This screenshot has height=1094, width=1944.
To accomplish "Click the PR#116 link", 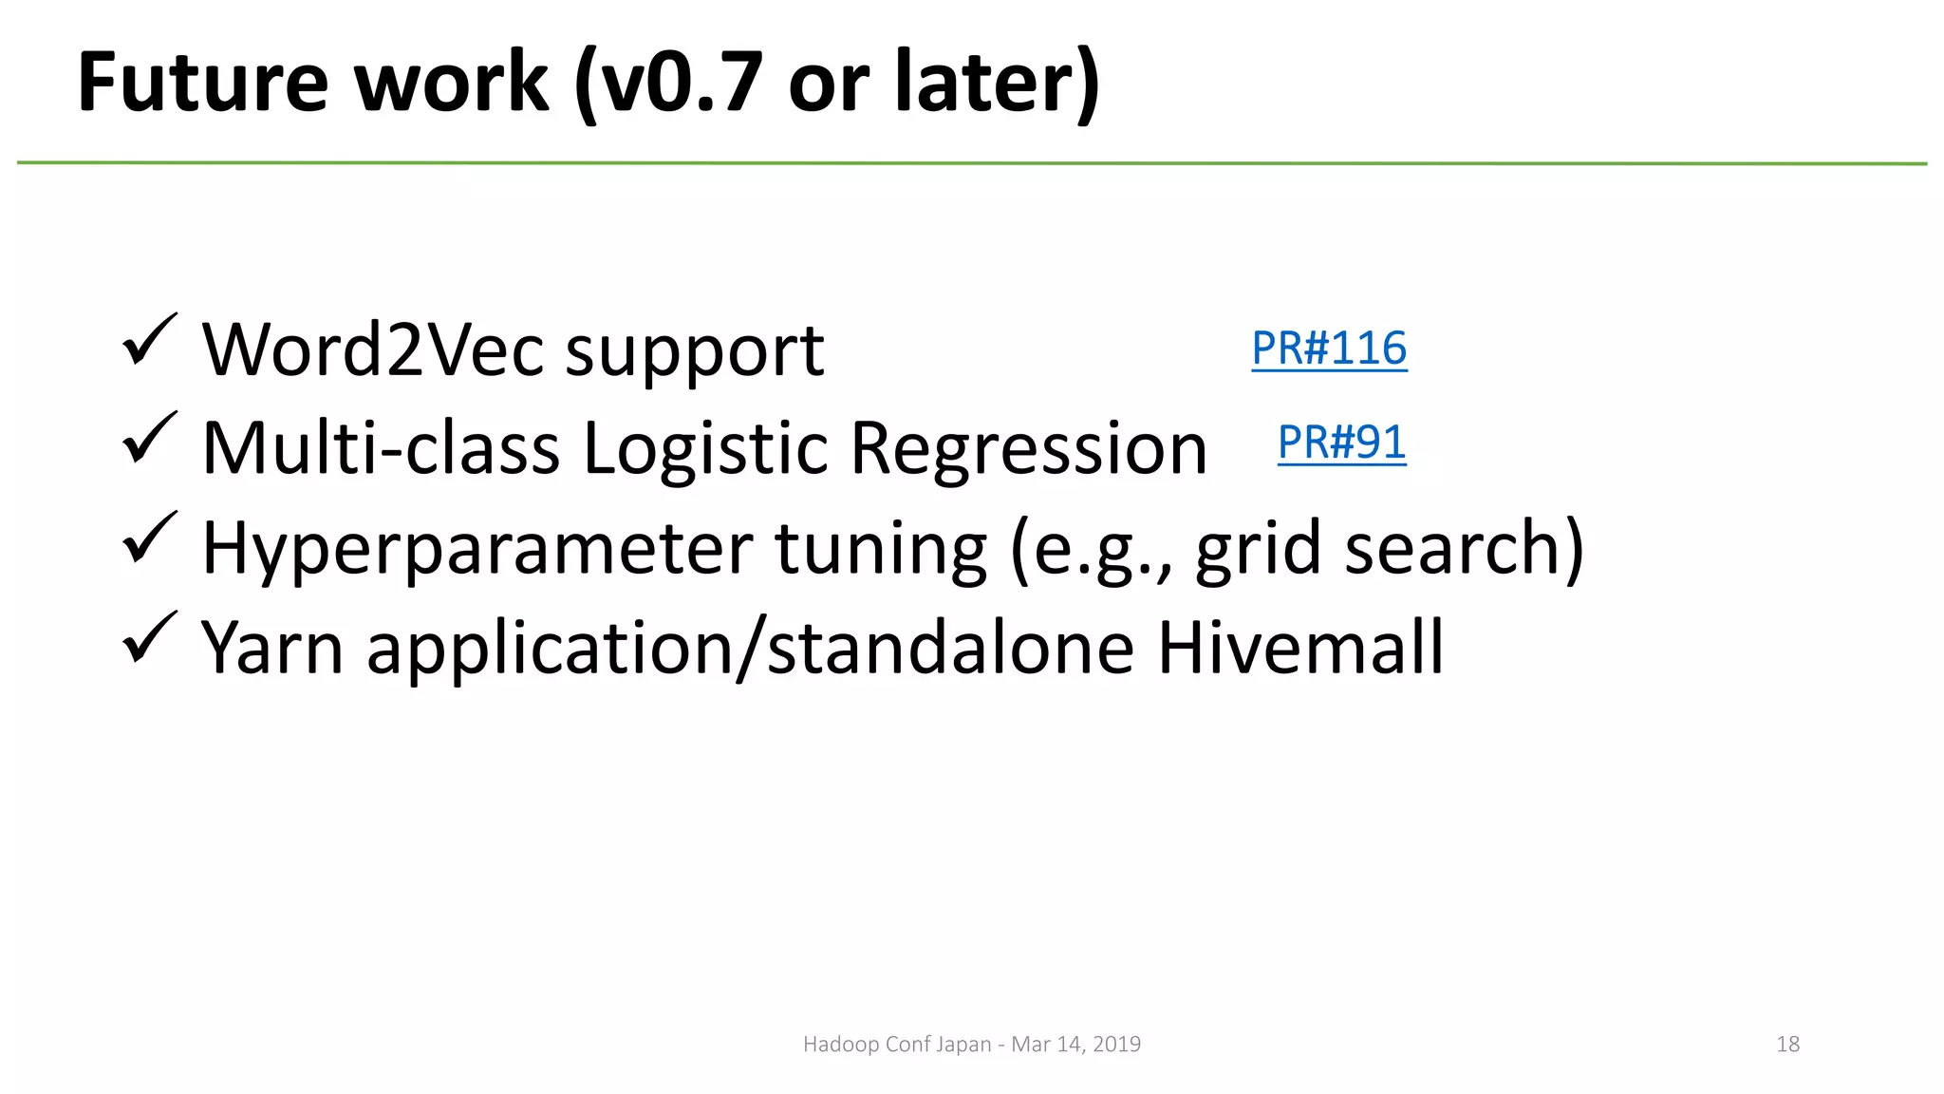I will click(x=1329, y=349).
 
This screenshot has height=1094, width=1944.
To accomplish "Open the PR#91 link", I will click(x=1341, y=443).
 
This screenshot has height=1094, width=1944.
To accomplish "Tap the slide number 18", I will click(x=1787, y=1045).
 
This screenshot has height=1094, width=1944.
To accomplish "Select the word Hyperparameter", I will click(x=477, y=549).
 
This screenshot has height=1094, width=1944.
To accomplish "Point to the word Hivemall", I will click(x=1300, y=648).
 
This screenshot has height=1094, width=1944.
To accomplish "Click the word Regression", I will click(x=1028, y=448).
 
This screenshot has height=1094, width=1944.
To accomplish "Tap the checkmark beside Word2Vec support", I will click(x=149, y=340).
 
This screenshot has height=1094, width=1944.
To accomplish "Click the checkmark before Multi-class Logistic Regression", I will click(x=149, y=438).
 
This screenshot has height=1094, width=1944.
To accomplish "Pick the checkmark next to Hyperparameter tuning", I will click(x=149, y=538).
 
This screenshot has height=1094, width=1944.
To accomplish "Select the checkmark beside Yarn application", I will click(x=149, y=637).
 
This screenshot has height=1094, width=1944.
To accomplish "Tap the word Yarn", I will click(x=272, y=648).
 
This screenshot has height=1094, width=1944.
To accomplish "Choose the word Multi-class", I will click(x=381, y=448).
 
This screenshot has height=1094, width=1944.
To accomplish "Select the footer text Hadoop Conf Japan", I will click(x=896, y=1045).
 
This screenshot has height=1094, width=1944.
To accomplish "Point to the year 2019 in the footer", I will click(x=1116, y=1045).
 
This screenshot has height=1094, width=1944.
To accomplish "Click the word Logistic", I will click(x=705, y=448).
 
